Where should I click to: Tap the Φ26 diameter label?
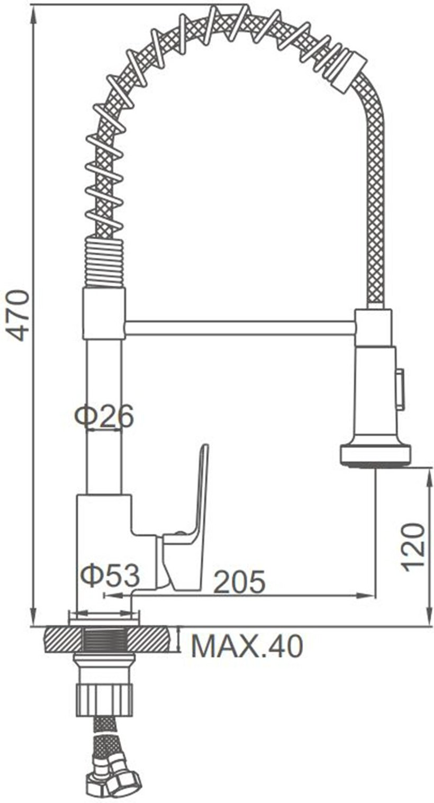pyautogui.click(x=104, y=415)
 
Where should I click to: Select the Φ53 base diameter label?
pyautogui.click(x=109, y=576)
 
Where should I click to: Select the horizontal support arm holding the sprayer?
pyautogui.click(x=240, y=328)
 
